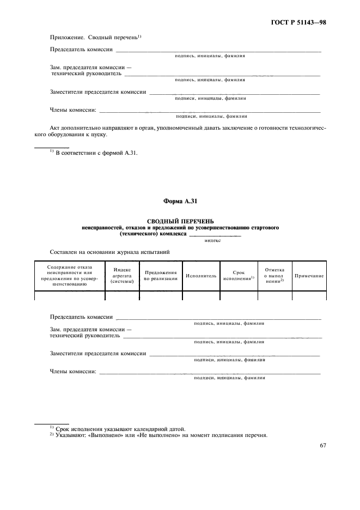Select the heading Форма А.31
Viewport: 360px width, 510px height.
point(180,202)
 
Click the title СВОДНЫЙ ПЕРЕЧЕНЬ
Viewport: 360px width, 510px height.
point(180,221)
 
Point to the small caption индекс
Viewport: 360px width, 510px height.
point(212,240)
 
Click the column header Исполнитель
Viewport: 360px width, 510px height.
point(200,276)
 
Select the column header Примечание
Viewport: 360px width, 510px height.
point(309,276)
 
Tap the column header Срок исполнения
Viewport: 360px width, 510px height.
point(239,276)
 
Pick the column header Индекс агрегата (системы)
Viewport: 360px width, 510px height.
point(121,276)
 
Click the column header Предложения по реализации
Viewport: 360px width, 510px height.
point(161,276)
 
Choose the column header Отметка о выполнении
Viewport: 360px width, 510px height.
point(274,276)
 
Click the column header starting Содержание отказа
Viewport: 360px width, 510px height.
point(69,276)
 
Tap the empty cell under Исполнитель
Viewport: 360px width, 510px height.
point(200,296)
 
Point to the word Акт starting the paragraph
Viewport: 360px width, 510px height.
point(55,127)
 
